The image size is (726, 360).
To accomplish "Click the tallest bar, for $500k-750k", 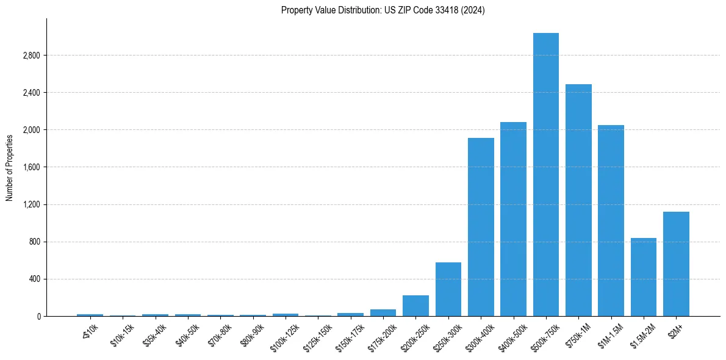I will pos(545,175).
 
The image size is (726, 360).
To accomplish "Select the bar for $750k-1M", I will pos(578,200).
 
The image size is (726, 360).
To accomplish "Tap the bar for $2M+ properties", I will pos(676,264).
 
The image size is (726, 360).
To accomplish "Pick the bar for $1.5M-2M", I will pos(643,277).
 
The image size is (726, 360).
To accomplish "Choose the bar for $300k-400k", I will pos(481,227).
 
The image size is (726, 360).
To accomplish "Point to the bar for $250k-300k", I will pos(448,289).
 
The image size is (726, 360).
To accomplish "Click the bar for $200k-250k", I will pos(415,306).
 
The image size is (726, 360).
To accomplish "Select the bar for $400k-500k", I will pos(513,219).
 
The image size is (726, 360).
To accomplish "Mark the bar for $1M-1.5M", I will pos(611,220).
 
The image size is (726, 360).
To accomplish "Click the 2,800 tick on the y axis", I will pos(31,56).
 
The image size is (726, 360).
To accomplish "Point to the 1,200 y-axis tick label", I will pos(31,204).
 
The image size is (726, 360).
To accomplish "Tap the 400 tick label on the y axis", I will pos(34,279).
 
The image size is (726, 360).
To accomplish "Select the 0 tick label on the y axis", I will pos(38,316).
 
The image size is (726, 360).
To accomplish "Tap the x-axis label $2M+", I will pos(675,330).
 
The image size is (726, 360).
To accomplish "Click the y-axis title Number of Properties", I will pos(10,167).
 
